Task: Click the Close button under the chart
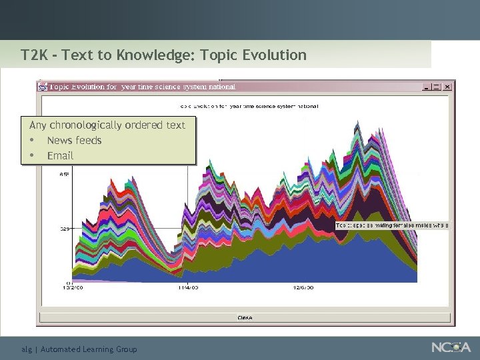coord(245,317)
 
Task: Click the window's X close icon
coord(447,87)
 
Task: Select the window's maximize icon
coord(437,87)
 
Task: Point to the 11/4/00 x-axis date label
coord(187,288)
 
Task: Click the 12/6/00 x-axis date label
coord(303,288)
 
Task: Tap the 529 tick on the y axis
coord(65,229)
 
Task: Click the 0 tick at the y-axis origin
coord(69,282)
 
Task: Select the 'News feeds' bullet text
coord(74,140)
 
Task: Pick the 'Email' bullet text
coord(60,155)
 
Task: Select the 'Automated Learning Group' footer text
coord(89,349)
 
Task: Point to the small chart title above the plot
coord(249,105)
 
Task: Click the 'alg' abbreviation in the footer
coord(27,349)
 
